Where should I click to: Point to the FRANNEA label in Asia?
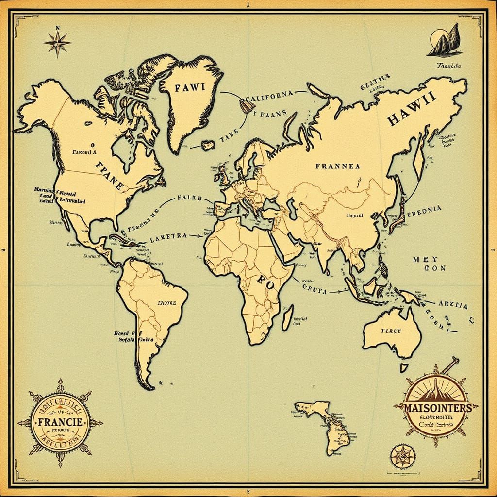[338, 166]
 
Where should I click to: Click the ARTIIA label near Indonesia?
[453, 306]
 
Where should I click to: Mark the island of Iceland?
[208, 145]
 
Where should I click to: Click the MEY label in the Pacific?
[425, 259]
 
